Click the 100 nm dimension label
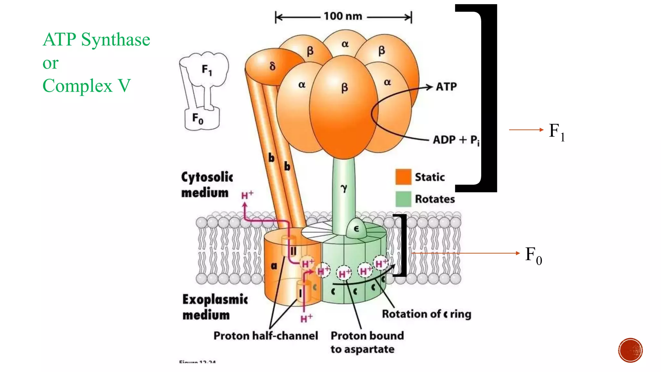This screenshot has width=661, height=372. coord(343,16)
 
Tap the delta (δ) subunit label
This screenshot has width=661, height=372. coord(272,66)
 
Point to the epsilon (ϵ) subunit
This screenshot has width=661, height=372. coord(356,229)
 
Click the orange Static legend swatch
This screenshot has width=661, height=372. coord(403,177)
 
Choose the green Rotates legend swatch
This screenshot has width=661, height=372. coord(403,199)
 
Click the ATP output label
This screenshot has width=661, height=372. coord(446,87)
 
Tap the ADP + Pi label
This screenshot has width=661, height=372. coord(456,140)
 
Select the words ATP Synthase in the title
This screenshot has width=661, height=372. coord(96,39)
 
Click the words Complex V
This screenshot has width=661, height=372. coord(86,86)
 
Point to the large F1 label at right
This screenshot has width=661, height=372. coord(557,132)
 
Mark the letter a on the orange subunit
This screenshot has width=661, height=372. coord(274,266)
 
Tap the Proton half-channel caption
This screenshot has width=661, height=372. coord(266,336)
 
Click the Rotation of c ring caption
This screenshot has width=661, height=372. coord(426,314)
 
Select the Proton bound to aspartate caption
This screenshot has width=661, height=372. coord(367,342)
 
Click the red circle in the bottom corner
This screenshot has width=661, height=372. coord(630,350)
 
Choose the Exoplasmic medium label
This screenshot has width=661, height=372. coord(215,307)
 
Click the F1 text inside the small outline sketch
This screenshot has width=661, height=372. coord(207,70)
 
